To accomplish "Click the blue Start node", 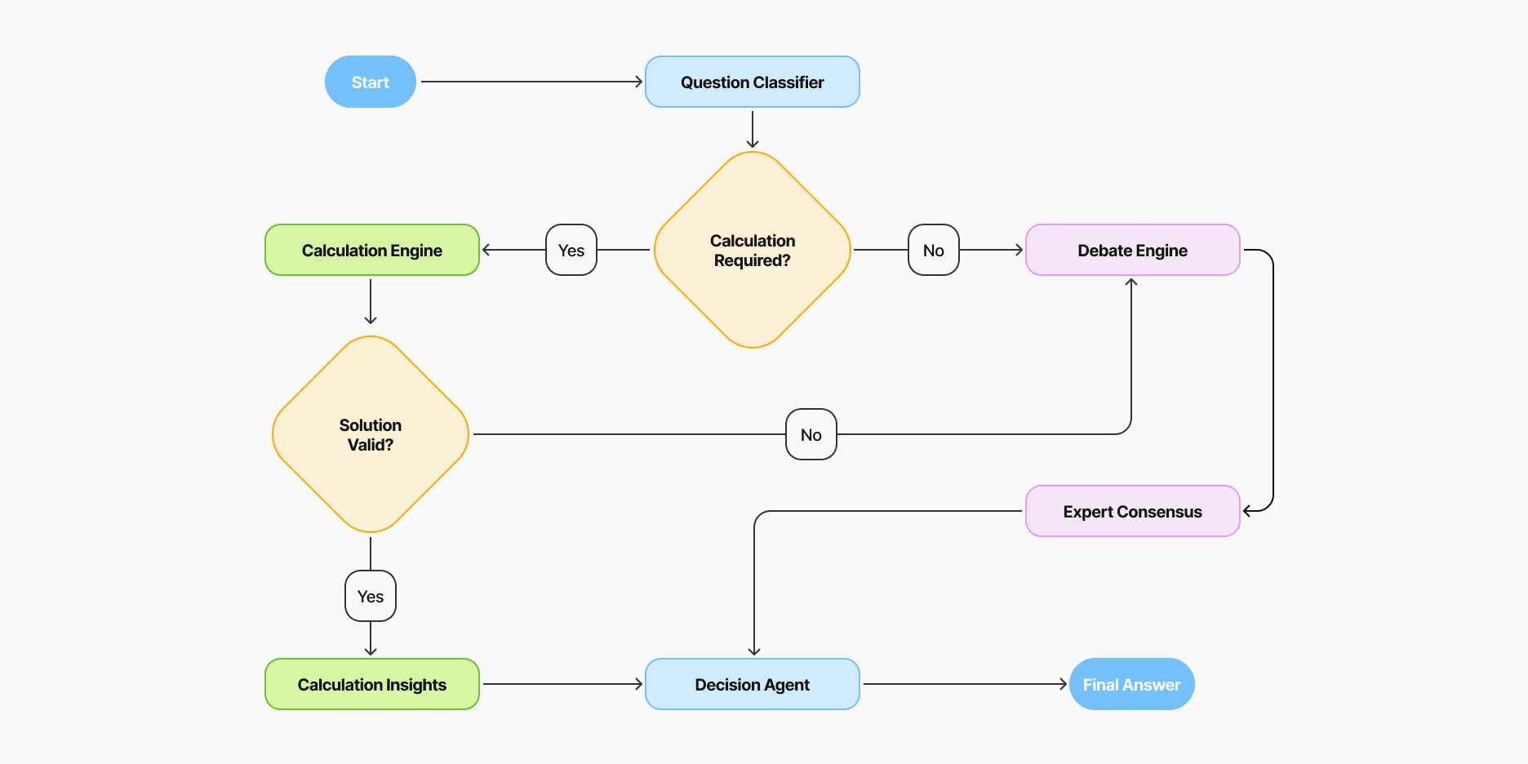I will click(370, 82).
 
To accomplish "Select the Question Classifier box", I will click(752, 82).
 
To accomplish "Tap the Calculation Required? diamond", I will click(752, 250).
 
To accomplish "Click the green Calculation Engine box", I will click(371, 250).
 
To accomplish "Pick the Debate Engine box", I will click(1132, 250).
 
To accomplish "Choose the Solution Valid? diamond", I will click(370, 434).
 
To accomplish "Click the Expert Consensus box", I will click(1132, 511).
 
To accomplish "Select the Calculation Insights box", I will click(371, 684).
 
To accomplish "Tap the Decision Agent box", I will click(752, 684).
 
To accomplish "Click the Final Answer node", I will click(1131, 684).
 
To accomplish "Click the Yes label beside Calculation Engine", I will click(571, 250).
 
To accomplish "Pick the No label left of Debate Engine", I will click(933, 250).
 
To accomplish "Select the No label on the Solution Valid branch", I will click(811, 434).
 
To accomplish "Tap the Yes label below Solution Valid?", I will click(370, 596).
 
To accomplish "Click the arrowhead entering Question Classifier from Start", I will click(639, 82).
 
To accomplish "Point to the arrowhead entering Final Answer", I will click(1064, 684).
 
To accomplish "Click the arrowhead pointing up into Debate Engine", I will click(1131, 282).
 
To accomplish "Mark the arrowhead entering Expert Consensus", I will click(1247, 511).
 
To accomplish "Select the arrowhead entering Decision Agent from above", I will click(754, 651).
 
